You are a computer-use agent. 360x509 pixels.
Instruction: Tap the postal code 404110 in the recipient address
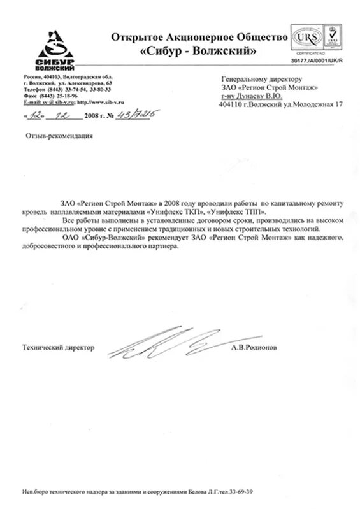pyautogui.click(x=232, y=103)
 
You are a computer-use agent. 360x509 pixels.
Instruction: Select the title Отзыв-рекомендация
pyautogui.click(x=59, y=136)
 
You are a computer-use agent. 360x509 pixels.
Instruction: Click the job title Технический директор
pyautogui.click(x=58, y=348)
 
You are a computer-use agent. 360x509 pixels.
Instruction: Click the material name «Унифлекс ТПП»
pyautogui.click(x=242, y=210)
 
